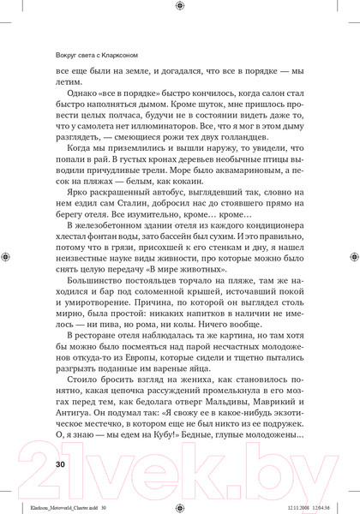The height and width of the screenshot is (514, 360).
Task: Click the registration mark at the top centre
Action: pyautogui.click(x=179, y=6)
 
